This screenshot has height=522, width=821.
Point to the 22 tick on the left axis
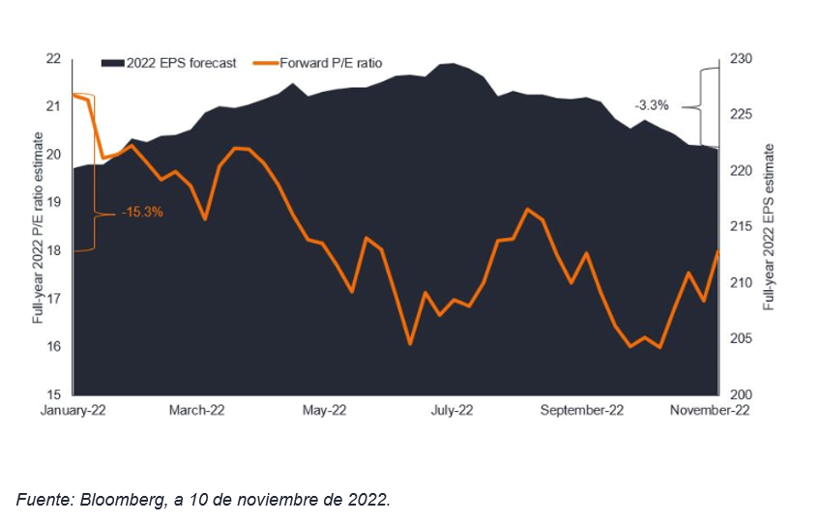53,58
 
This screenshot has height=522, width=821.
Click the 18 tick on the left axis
53,250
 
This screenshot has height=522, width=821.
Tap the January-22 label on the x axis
73,410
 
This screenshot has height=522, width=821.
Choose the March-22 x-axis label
197,410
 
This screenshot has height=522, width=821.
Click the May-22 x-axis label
324,410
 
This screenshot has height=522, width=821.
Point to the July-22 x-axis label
451,410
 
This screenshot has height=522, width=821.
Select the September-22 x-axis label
582,410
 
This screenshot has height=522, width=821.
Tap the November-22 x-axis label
710,410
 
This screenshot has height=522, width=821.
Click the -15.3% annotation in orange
141,212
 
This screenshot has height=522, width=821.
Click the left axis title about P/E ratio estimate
39,226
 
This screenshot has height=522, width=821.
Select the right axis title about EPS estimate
770,226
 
